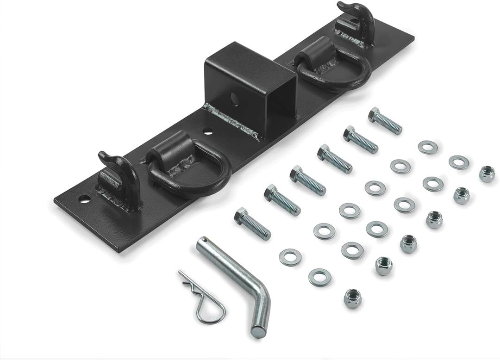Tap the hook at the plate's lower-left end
(x=118, y=180)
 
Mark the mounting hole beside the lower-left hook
(x=84, y=199)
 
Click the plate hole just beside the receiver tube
(x=208, y=131)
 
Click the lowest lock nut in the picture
(x=352, y=298)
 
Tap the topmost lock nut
(x=487, y=174)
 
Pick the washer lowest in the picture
(x=319, y=277)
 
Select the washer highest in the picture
(x=428, y=147)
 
